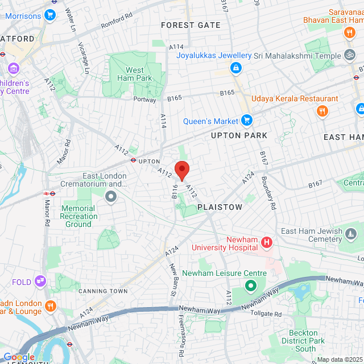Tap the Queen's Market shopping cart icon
click(x=246, y=121)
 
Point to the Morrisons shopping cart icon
click(x=50, y=15)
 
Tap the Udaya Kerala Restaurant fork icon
click(x=322, y=110)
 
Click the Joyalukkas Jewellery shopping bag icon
click(x=235, y=68)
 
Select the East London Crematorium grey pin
click(x=111, y=196)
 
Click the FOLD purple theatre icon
click(x=40, y=280)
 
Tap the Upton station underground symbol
click(x=133, y=160)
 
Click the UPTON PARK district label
click(x=239, y=136)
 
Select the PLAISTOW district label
click(x=220, y=208)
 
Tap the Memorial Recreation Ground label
click(x=78, y=216)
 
